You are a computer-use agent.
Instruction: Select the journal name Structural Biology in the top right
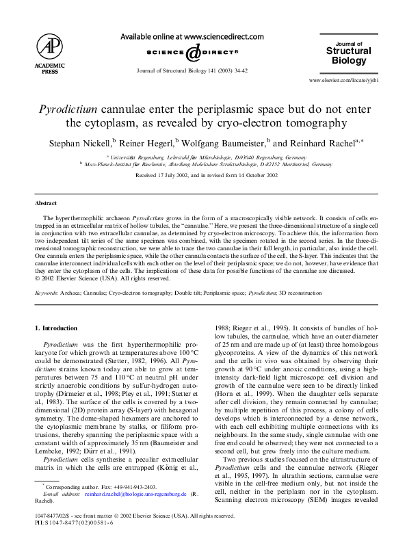click(349, 55)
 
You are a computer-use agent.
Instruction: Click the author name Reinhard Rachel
click(323, 144)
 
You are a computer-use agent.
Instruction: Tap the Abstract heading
click(47, 204)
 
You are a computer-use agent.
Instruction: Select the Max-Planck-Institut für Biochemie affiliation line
click(207, 165)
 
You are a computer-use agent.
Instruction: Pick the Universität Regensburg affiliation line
click(207, 157)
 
